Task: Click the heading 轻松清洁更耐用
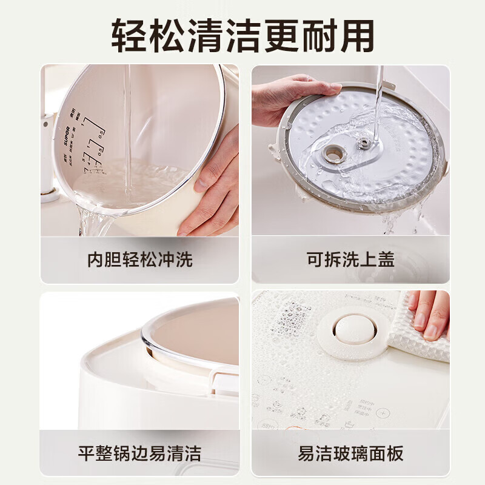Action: [242, 35]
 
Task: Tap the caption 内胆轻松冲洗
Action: [139, 259]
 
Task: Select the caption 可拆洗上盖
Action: [350, 259]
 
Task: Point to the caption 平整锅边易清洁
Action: [139, 453]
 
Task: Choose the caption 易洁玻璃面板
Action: [350, 453]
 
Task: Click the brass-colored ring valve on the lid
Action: [334, 154]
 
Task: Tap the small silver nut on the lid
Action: [364, 143]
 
